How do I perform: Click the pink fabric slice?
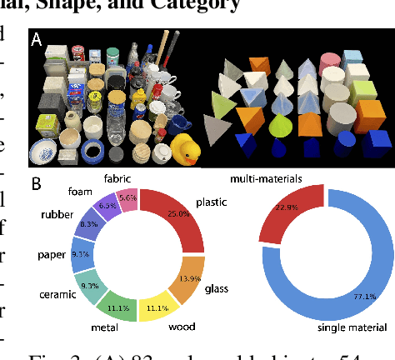pos(127,198)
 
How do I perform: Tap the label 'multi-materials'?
pos(266,179)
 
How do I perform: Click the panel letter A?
pos(37,38)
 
